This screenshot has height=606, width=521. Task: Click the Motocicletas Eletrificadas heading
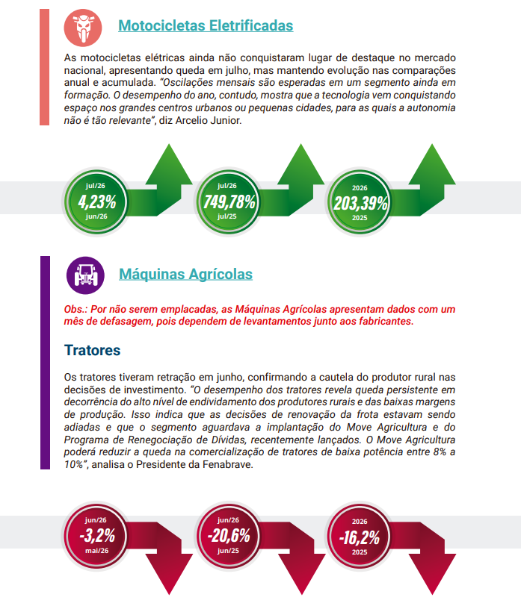pos(206,25)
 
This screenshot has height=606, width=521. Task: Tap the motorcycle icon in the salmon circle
pos(83,28)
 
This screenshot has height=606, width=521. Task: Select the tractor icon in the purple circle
pos(85,275)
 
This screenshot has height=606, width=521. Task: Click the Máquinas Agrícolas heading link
pos(186,274)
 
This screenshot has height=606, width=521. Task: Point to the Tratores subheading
pos(93,350)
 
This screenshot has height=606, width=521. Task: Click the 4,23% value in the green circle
pos(96,202)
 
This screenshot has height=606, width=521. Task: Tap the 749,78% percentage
pos(229,202)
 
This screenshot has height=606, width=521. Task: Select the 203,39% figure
pos(360,203)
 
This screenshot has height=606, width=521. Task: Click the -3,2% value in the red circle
pos(97,536)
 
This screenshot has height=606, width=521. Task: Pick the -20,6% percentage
pos(229,536)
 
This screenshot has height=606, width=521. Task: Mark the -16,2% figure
pos(360,537)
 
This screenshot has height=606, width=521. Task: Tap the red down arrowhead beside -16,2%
pos(432,574)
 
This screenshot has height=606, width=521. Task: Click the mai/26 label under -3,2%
pos(96,550)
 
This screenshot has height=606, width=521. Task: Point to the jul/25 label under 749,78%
pos(226,216)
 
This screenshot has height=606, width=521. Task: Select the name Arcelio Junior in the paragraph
pos(207,121)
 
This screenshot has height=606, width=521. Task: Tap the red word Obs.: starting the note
pos(75,310)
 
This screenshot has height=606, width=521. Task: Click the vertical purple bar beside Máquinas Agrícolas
pos(46,363)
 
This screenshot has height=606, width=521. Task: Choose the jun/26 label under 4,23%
pos(96,216)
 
